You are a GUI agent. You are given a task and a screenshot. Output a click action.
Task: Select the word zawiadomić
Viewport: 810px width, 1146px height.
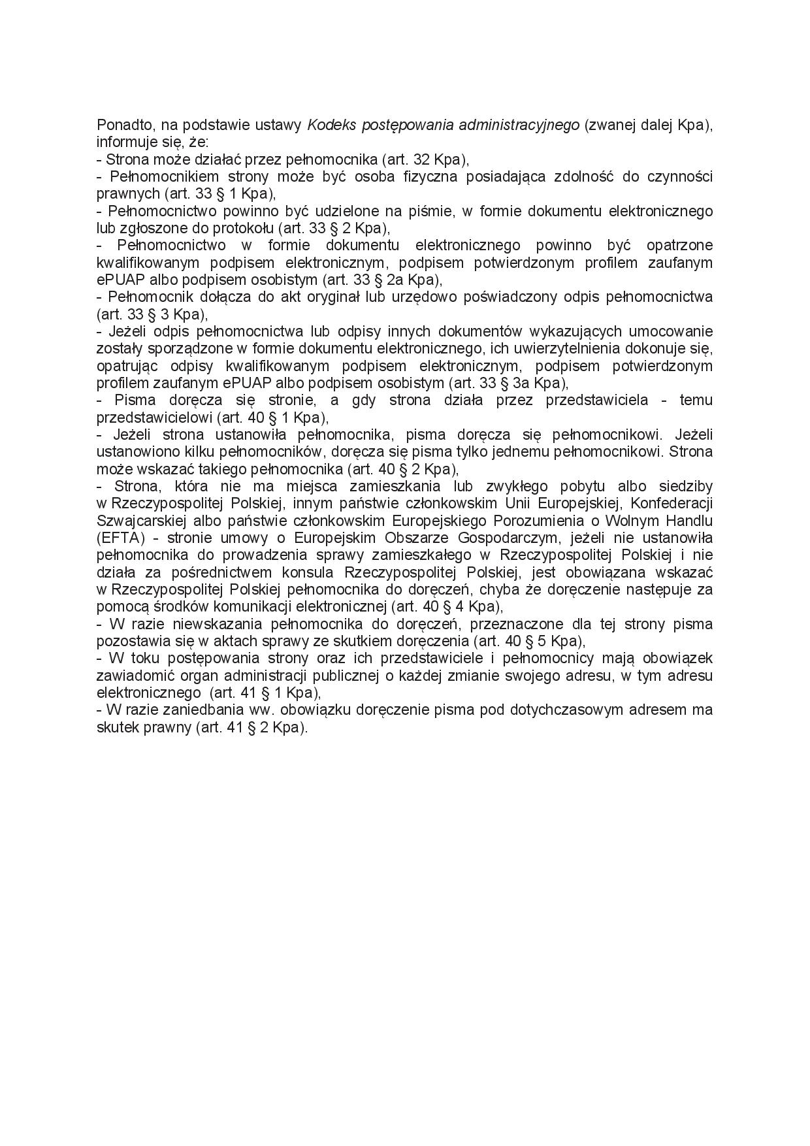(131, 676)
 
